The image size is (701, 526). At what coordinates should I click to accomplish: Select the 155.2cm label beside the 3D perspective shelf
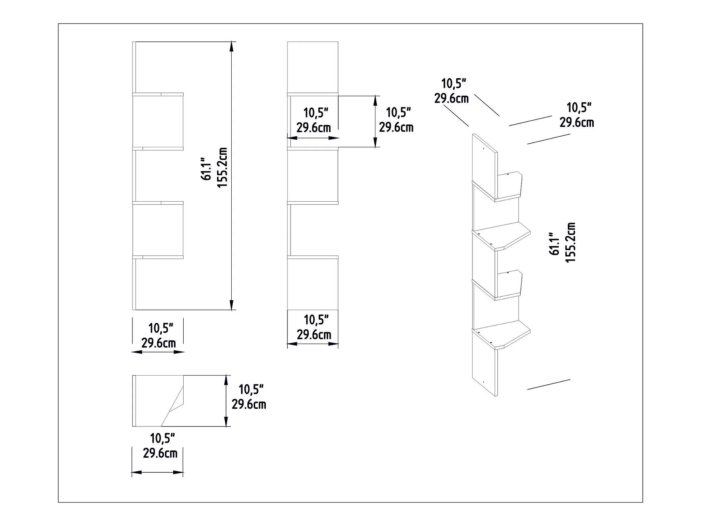coord(571,242)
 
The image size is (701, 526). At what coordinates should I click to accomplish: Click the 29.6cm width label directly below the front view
coord(158,343)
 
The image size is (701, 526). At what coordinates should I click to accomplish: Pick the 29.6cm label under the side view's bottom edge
coord(314,335)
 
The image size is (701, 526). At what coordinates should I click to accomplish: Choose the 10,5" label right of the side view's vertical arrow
coord(399,113)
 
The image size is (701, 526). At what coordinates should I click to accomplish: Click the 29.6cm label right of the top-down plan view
coord(249,404)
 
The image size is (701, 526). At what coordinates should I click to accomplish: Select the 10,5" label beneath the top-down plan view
coord(162,438)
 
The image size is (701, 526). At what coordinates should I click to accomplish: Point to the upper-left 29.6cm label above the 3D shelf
coord(451,99)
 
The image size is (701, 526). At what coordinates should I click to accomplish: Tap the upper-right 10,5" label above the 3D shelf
coord(579,108)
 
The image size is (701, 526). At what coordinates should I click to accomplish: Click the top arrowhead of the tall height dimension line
coord(231,47)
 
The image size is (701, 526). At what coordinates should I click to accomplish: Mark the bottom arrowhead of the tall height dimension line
coord(231,305)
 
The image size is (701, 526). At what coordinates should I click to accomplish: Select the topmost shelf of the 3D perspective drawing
coord(497,188)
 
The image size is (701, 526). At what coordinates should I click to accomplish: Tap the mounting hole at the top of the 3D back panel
coord(483,149)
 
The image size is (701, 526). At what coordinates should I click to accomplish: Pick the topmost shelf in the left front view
coord(158,94)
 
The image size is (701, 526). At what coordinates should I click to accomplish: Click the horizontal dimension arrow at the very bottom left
coord(158,473)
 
